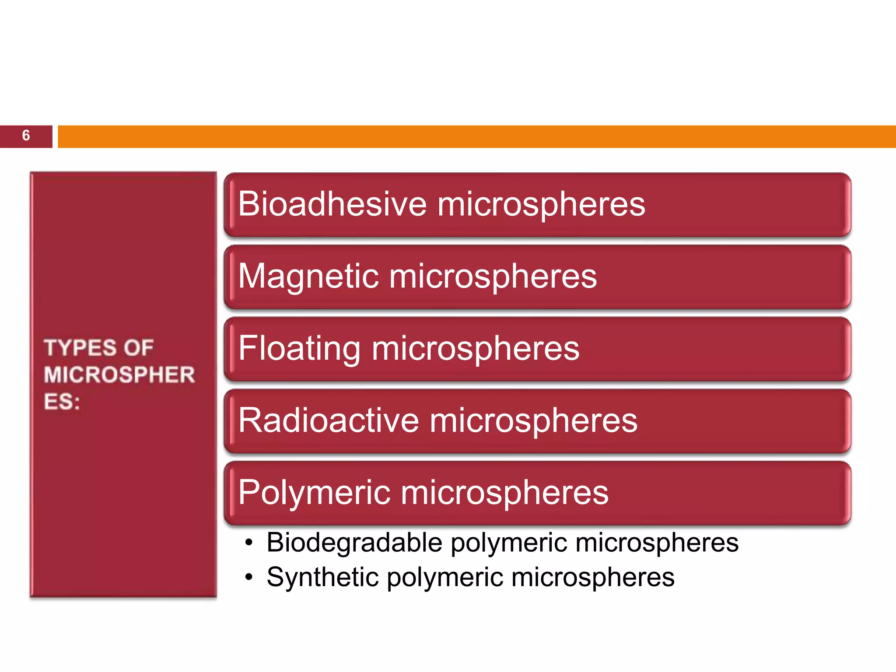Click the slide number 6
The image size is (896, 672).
click(26, 136)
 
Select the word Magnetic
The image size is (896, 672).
click(308, 276)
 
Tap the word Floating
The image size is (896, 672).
click(299, 349)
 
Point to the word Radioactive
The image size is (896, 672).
click(329, 420)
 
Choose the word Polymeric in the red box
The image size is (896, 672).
click(314, 493)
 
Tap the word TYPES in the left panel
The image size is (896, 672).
click(80, 348)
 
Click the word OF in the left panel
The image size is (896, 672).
click(138, 348)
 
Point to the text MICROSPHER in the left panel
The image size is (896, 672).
click(119, 375)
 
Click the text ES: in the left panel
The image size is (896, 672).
click(62, 402)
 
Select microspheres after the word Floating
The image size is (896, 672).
click(476, 349)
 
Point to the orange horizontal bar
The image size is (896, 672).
click(476, 136)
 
